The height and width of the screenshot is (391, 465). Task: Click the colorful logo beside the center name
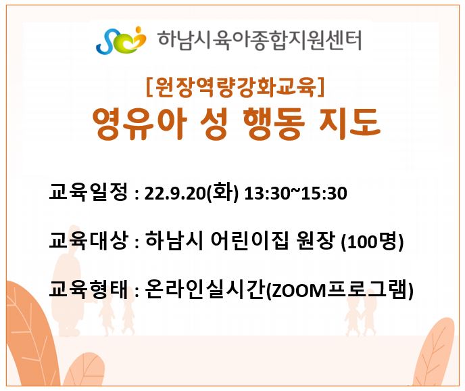tap(121, 41)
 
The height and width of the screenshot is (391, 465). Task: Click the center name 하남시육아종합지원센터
tap(260, 41)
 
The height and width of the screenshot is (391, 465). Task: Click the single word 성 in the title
tap(214, 123)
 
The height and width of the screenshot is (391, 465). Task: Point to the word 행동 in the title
tap(274, 123)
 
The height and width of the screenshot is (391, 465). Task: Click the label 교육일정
tap(89, 191)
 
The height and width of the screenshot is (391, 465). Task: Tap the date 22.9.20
tap(175, 193)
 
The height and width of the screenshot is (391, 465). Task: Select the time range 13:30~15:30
tap(295, 193)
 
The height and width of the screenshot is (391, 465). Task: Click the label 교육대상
tap(89, 240)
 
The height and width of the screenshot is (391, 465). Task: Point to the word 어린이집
tap(249, 240)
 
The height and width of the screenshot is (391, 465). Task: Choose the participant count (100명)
tap(372, 241)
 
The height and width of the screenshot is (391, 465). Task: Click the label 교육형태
tap(89, 289)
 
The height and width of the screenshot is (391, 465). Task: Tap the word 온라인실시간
tap(205, 289)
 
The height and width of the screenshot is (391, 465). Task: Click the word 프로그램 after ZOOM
tap(368, 289)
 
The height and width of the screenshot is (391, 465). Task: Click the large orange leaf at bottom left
tap(30, 333)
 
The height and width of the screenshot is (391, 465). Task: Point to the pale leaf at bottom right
tap(436, 353)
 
